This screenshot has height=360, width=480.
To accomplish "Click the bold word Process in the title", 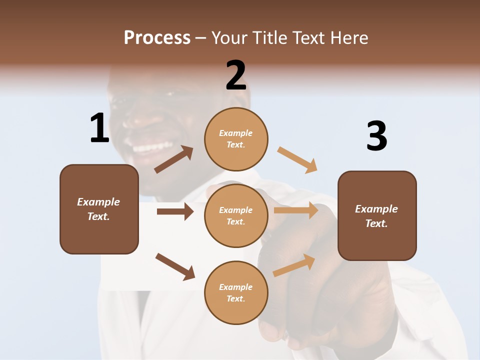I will [157, 37].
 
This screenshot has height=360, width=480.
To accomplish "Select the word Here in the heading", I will [348, 37].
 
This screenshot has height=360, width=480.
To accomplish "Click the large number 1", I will [99, 128].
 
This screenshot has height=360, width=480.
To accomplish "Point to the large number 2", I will [236, 75].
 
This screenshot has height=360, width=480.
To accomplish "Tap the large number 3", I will [376, 136].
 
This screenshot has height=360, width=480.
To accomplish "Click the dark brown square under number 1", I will [99, 209].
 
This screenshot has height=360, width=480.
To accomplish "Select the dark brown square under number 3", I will [377, 216].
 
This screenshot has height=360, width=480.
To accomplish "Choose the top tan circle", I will [236, 139].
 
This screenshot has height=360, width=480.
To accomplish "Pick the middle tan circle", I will [236, 215].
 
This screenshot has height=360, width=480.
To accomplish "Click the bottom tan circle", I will [236, 292].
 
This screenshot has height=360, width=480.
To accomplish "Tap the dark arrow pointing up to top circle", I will [173, 159].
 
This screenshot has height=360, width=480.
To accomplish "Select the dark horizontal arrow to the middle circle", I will [175, 211].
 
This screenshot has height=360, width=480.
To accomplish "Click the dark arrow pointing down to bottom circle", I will [175, 266].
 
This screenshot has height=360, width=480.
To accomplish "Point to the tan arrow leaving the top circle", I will [297, 159].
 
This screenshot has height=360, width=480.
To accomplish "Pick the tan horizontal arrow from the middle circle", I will [296, 210].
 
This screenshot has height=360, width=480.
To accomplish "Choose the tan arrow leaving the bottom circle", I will [294, 265].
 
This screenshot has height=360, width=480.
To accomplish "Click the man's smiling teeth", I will [152, 147].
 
